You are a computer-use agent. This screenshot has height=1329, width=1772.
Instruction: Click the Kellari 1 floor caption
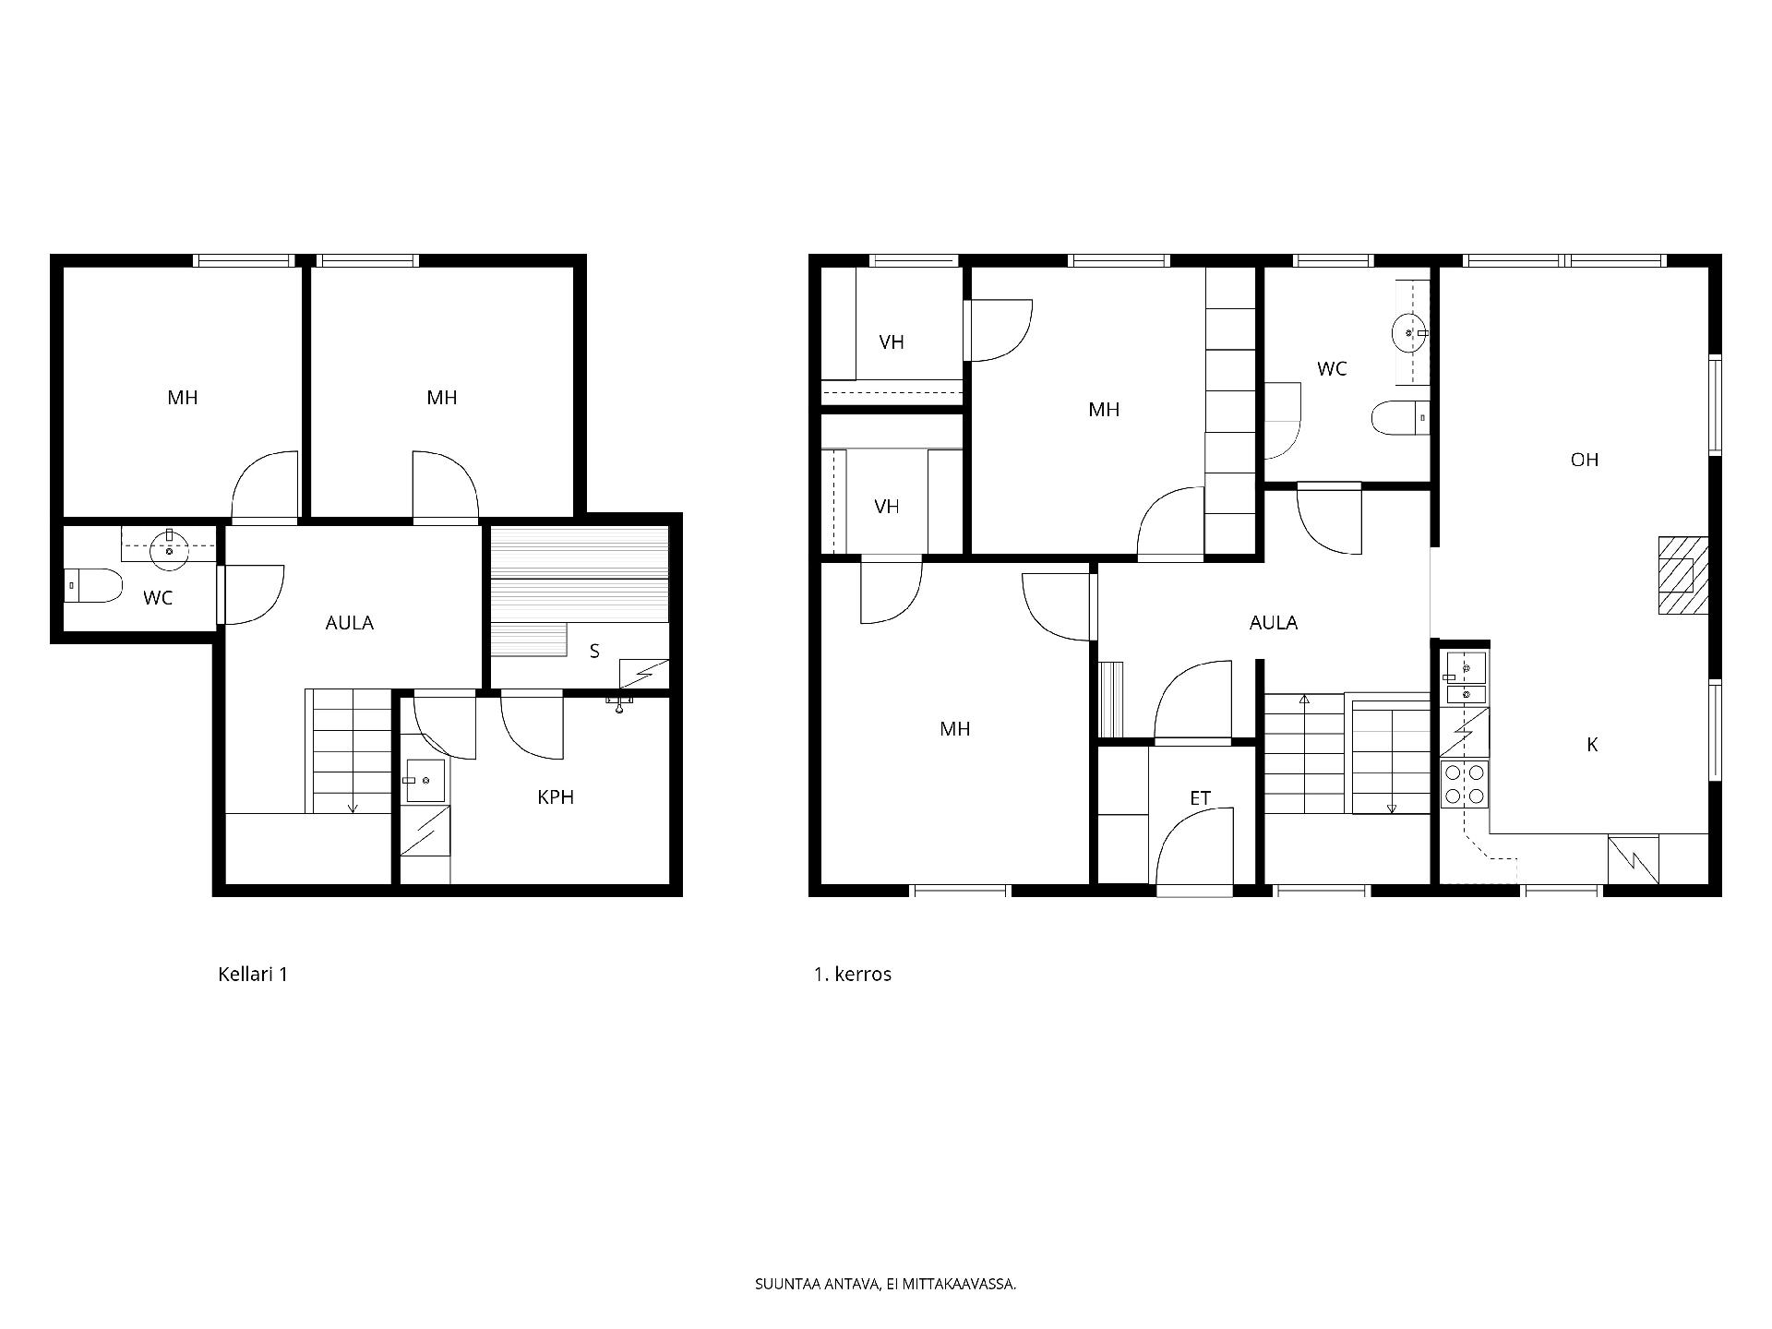tap(253, 975)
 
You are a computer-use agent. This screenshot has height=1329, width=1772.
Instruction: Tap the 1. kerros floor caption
tap(852, 975)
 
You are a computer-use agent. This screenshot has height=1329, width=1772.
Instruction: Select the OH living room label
tap(1585, 460)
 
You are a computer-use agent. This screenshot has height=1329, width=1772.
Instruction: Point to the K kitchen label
tap(1592, 745)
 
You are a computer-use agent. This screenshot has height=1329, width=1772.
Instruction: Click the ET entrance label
tap(1200, 798)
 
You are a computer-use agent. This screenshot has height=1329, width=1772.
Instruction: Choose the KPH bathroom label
tap(556, 797)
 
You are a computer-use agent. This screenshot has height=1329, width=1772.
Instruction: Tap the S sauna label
tap(594, 652)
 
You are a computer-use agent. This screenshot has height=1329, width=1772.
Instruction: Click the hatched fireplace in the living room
tap(1683, 576)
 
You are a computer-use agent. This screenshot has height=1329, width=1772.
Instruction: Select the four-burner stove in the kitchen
tap(1465, 784)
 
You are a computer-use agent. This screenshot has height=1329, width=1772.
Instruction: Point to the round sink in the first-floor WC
tap(1409, 329)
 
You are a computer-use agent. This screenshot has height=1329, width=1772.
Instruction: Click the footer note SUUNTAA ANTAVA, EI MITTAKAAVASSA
tap(886, 1284)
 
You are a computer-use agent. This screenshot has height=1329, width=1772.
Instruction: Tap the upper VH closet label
tap(892, 342)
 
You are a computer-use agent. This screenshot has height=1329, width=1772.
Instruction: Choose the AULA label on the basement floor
tap(350, 623)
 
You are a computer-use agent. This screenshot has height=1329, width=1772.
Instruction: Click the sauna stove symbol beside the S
tap(643, 673)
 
